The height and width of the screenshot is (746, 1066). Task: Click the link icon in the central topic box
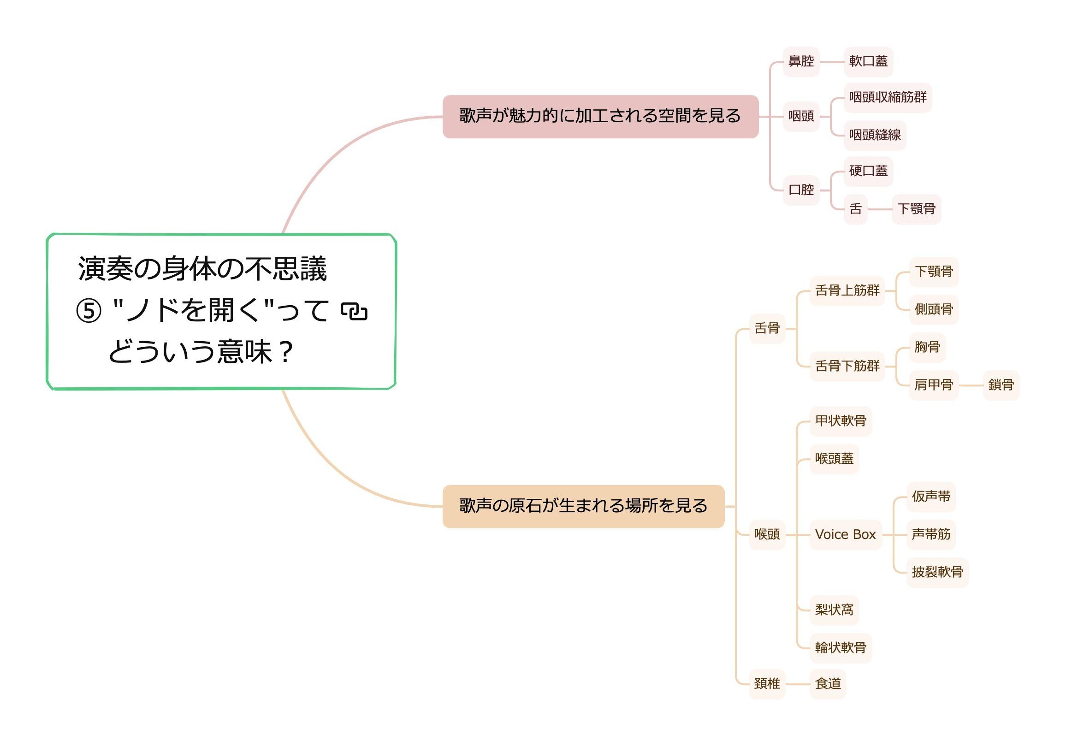point(354,311)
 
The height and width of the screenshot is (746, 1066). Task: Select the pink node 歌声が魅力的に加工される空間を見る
point(600,117)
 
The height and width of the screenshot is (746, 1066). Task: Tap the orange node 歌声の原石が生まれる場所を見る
point(583,506)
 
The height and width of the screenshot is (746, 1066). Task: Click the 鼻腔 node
point(801,61)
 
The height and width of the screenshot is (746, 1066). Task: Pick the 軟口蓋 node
point(868,61)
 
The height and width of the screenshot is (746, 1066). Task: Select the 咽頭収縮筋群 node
point(887,97)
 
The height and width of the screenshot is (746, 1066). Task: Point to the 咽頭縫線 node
point(875,135)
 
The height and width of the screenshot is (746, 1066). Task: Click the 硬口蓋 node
point(868,172)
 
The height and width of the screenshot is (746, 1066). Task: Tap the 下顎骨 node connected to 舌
point(916,209)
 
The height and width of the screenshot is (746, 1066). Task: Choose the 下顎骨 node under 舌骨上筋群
point(934,272)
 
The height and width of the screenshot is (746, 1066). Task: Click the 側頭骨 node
point(934,309)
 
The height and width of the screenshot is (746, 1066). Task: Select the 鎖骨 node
point(1001,385)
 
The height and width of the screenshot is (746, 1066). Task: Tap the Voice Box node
point(845,535)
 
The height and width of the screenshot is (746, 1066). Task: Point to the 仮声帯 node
point(931,497)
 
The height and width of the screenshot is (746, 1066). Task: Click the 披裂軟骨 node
point(937,572)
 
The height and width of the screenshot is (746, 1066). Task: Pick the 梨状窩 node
point(835,610)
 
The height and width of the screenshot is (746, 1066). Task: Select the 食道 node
point(828,684)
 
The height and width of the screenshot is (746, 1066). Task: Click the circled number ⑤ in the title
point(89,311)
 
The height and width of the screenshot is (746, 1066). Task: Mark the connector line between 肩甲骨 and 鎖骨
point(971,385)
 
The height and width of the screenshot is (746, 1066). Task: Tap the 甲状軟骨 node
point(841,421)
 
